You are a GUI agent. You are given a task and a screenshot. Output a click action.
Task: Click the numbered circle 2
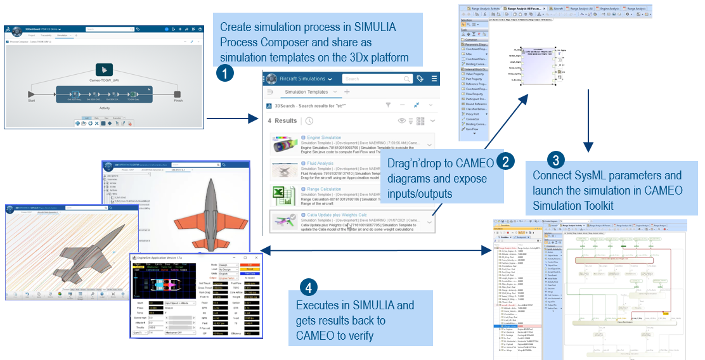505,161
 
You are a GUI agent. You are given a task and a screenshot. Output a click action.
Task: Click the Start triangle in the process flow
31,94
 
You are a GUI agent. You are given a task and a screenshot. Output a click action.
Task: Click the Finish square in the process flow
177,94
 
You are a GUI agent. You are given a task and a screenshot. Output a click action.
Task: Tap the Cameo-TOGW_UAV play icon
103,70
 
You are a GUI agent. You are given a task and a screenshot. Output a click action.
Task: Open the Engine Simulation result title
324,138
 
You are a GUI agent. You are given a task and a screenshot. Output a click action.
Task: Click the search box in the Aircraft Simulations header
374,79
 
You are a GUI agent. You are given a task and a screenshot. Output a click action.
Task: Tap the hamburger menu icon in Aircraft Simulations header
434,79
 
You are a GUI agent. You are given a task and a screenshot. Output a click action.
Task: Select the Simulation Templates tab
306,92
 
